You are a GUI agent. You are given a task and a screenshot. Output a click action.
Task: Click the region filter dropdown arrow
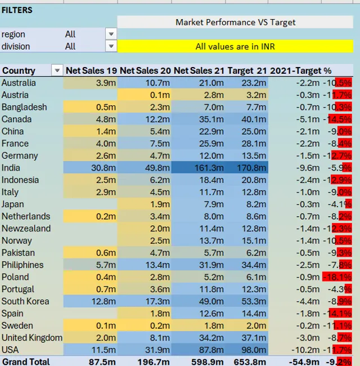tap(111, 34)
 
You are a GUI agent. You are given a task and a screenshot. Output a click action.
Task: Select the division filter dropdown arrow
tap(111, 46)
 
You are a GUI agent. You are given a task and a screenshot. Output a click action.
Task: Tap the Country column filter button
tap(57, 70)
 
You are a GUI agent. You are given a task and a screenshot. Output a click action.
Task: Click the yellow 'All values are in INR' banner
tap(235, 46)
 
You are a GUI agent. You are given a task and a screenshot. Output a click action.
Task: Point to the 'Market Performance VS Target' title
tap(235, 23)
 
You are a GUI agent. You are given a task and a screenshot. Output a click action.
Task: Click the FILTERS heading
tap(17, 10)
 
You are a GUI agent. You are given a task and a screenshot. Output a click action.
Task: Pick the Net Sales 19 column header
tap(91, 70)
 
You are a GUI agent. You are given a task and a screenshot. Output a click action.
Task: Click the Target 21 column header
tap(248, 70)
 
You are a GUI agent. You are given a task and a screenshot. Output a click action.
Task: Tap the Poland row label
tap(13, 277)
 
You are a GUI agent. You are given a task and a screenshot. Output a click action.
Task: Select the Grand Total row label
tap(25, 361)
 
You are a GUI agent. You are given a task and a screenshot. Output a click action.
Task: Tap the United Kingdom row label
tap(31, 338)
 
